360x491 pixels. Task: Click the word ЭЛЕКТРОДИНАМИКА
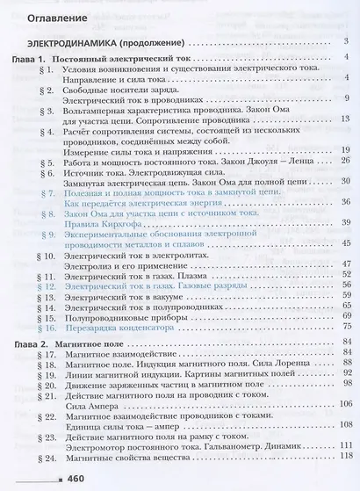pos(70,42)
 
